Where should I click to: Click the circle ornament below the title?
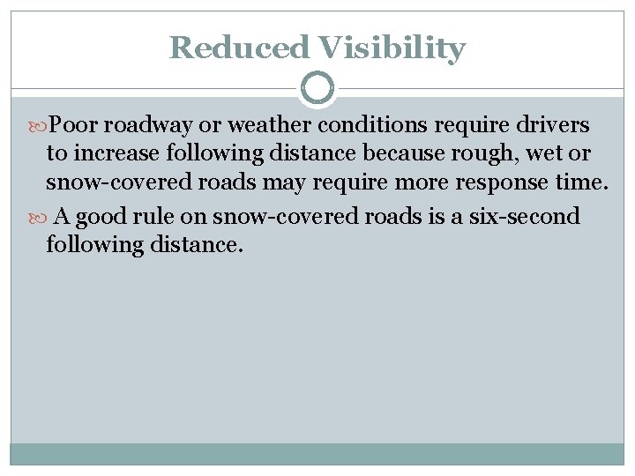point(317,88)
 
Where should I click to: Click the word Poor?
point(75,125)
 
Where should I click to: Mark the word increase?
point(114,154)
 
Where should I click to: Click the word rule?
point(155,217)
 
